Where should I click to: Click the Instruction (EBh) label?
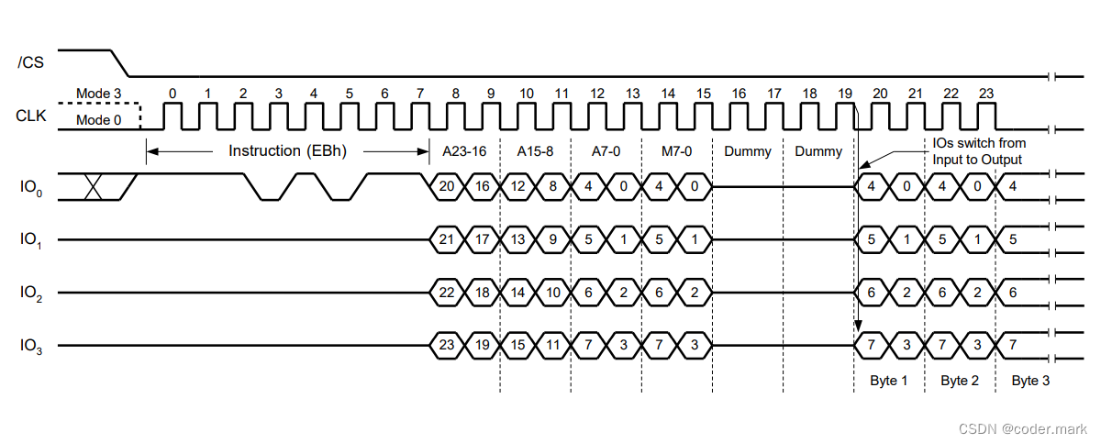point(287,150)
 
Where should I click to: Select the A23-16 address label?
point(464,150)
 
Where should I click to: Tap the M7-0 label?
point(677,150)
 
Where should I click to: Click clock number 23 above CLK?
point(985,93)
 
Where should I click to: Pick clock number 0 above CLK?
point(172,93)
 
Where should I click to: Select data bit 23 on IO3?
point(447,346)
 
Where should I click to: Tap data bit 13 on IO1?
point(517,240)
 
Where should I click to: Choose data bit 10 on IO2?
point(553,293)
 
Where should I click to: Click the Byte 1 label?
point(887,381)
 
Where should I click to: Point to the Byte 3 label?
point(1030,381)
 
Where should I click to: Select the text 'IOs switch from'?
point(979,143)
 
